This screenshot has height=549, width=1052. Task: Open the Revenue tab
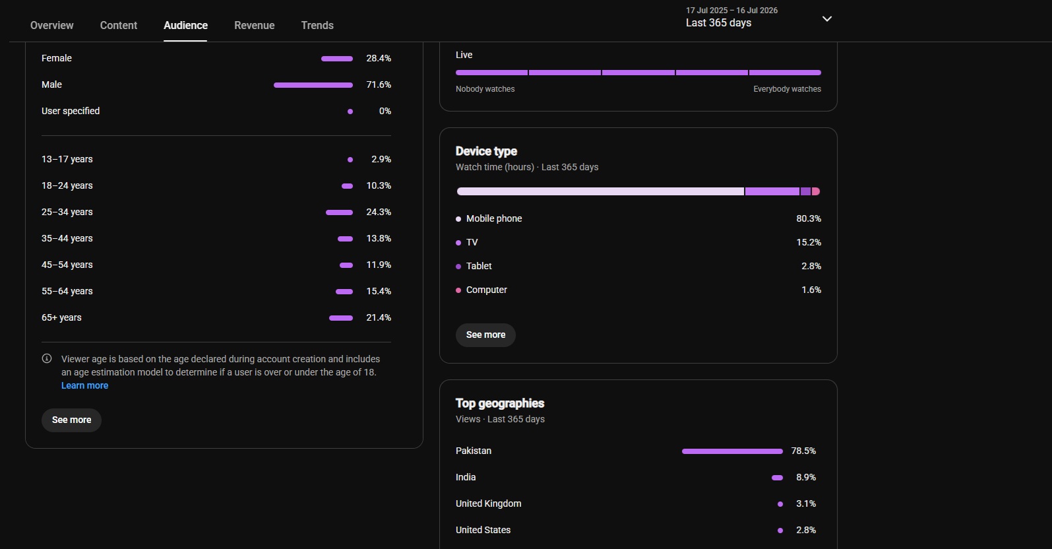pos(254,25)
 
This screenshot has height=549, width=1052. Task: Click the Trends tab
pos(317,25)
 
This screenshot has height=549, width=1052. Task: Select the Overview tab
pos(51,25)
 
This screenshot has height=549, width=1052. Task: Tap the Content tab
pos(118,25)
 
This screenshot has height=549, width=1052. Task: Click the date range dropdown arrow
pos(827,18)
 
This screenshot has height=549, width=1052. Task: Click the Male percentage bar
pos(313,85)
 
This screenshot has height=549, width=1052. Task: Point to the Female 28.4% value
pos(379,58)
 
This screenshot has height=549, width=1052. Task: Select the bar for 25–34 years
pos(339,212)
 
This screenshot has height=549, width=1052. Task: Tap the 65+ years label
pos(61,318)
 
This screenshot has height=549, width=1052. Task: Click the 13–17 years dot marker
pos(350,160)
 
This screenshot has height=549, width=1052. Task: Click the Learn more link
pos(84,385)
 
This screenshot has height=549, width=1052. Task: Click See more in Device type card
pos(485,335)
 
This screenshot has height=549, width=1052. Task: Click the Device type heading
pos(486,151)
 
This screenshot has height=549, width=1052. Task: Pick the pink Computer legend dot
pos(458,290)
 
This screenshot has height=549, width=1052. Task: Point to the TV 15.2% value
pos(809,243)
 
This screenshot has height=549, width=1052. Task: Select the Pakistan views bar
pos(732,451)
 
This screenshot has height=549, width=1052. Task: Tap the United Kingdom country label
pos(489,504)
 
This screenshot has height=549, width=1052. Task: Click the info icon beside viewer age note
pos(47,359)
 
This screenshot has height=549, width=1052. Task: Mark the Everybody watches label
pos(787,89)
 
